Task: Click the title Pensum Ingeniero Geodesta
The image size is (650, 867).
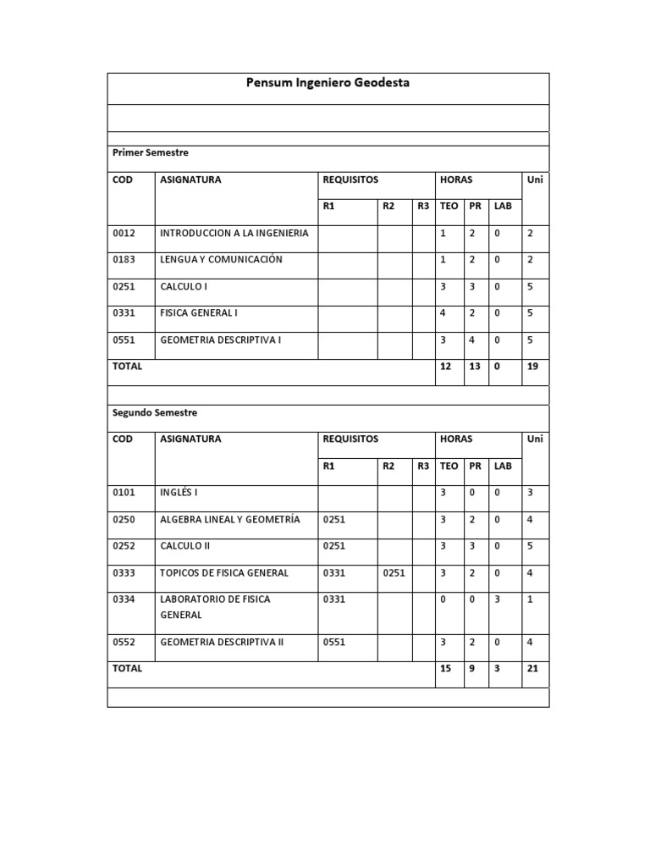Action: [328, 84]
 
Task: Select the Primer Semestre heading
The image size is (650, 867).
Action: [151, 153]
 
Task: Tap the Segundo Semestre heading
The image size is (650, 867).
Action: [155, 413]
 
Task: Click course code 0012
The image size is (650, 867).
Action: [124, 233]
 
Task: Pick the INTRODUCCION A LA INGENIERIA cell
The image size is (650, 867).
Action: [234, 233]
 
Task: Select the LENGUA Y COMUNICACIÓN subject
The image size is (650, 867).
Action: [221, 260]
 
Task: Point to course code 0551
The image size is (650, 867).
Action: [124, 340]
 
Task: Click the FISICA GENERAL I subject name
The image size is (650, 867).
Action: [199, 313]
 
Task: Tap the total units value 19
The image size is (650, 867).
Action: [532, 367]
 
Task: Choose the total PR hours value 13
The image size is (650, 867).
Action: [475, 367]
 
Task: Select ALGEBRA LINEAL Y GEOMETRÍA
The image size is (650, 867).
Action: [230, 520]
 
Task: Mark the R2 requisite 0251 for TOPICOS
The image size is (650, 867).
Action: [394, 573]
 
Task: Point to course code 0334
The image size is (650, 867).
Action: [124, 599]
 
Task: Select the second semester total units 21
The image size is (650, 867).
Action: [532, 669]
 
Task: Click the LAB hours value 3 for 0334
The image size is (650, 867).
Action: [498, 599]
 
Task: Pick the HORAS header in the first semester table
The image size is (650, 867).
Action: [456, 180]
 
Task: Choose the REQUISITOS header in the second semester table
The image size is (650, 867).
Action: [350, 439]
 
